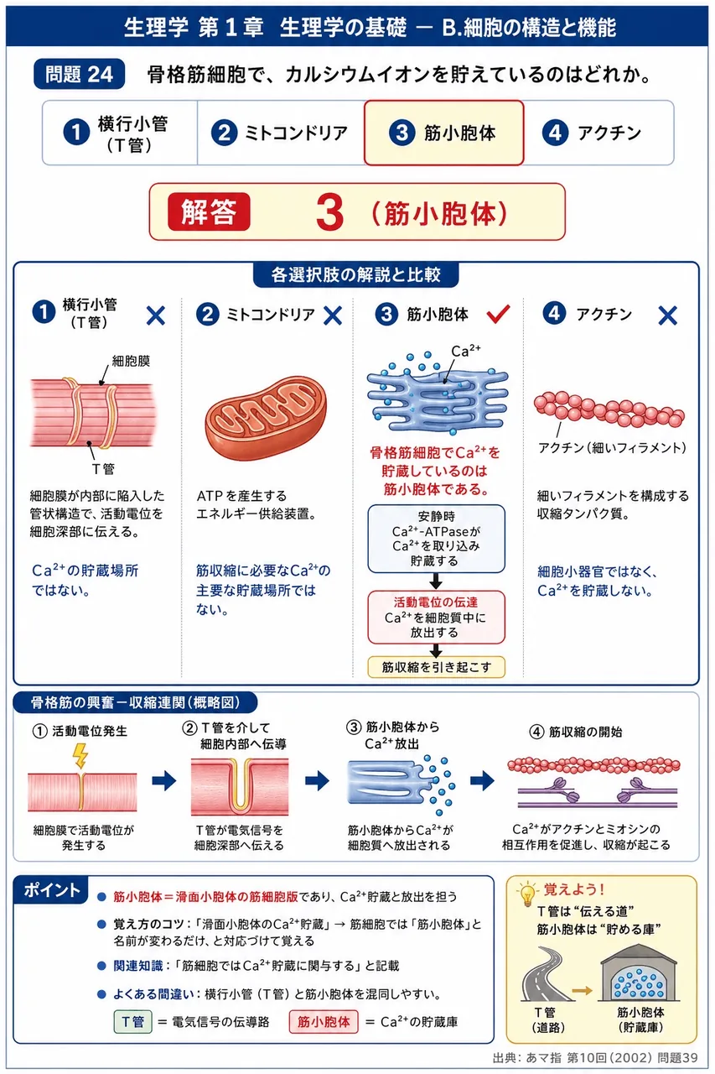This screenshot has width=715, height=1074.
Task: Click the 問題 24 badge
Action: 79,75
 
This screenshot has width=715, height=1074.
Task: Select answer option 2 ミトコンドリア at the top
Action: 280,133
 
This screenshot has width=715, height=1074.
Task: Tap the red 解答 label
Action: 209,211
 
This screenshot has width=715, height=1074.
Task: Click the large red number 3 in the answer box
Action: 329,212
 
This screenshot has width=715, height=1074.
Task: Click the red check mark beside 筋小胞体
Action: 498,314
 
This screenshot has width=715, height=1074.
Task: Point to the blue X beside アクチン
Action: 667,315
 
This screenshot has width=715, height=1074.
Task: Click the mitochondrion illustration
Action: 266,417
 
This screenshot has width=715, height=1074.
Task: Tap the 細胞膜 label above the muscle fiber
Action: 131,361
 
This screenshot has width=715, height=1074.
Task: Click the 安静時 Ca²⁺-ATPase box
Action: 436,539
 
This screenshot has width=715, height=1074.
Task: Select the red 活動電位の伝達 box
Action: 436,617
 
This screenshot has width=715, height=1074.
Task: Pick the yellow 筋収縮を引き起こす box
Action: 436,667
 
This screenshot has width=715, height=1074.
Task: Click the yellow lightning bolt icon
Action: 80,756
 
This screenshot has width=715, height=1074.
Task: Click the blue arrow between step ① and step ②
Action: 164,780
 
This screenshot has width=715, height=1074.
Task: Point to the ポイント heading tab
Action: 51,889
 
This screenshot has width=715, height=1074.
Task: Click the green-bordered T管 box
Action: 132,1022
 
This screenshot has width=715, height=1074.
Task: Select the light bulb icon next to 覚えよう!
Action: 526,893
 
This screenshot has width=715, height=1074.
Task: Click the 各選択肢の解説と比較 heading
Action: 356,274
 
